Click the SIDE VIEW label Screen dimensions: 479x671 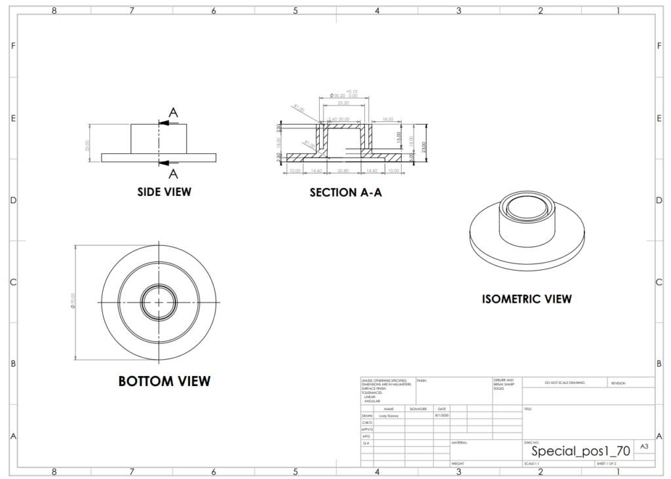point(164,192)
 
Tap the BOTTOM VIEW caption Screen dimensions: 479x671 point(164,381)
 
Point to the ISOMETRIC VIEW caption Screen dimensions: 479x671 point(527,299)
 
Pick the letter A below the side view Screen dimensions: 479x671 point(173,174)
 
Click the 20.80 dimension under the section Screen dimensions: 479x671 point(343,170)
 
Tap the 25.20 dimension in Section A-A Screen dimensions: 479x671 point(343,104)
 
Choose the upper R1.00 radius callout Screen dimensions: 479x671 point(299,108)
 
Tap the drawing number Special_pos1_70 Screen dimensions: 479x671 point(581,451)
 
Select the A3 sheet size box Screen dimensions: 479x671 point(644,447)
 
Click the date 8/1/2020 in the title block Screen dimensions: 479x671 point(441,415)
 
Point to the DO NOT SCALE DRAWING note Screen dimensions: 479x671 point(565,383)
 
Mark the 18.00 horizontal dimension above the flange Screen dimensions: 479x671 point(388,119)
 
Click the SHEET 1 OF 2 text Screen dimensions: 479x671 point(606,463)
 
